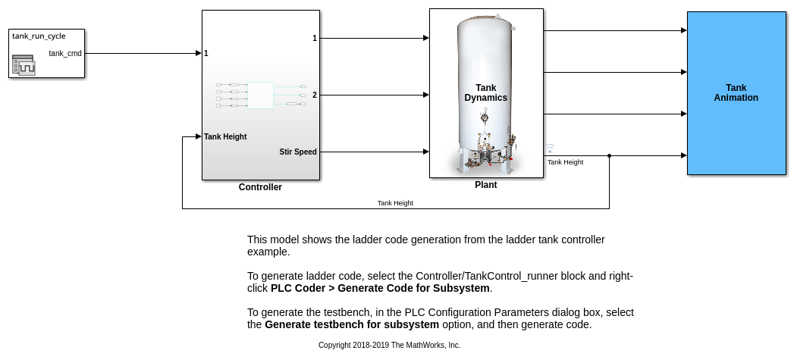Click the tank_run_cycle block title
point(39,36)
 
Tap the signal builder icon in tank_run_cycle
point(24,65)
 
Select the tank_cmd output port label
point(64,53)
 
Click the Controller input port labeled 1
point(206,53)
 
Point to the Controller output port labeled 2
point(315,95)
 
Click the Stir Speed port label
point(298,152)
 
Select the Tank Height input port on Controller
point(225,136)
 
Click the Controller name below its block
point(260,187)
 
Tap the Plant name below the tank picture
point(485,185)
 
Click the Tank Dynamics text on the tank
point(485,92)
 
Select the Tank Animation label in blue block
point(736,92)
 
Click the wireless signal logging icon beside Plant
point(550,149)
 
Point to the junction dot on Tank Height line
point(609,156)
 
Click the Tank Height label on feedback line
point(395,203)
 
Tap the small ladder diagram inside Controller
point(261,95)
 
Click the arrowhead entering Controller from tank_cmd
point(199,53)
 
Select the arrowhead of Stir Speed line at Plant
point(426,152)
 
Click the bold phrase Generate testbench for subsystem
point(352,324)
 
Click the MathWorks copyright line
point(389,346)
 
